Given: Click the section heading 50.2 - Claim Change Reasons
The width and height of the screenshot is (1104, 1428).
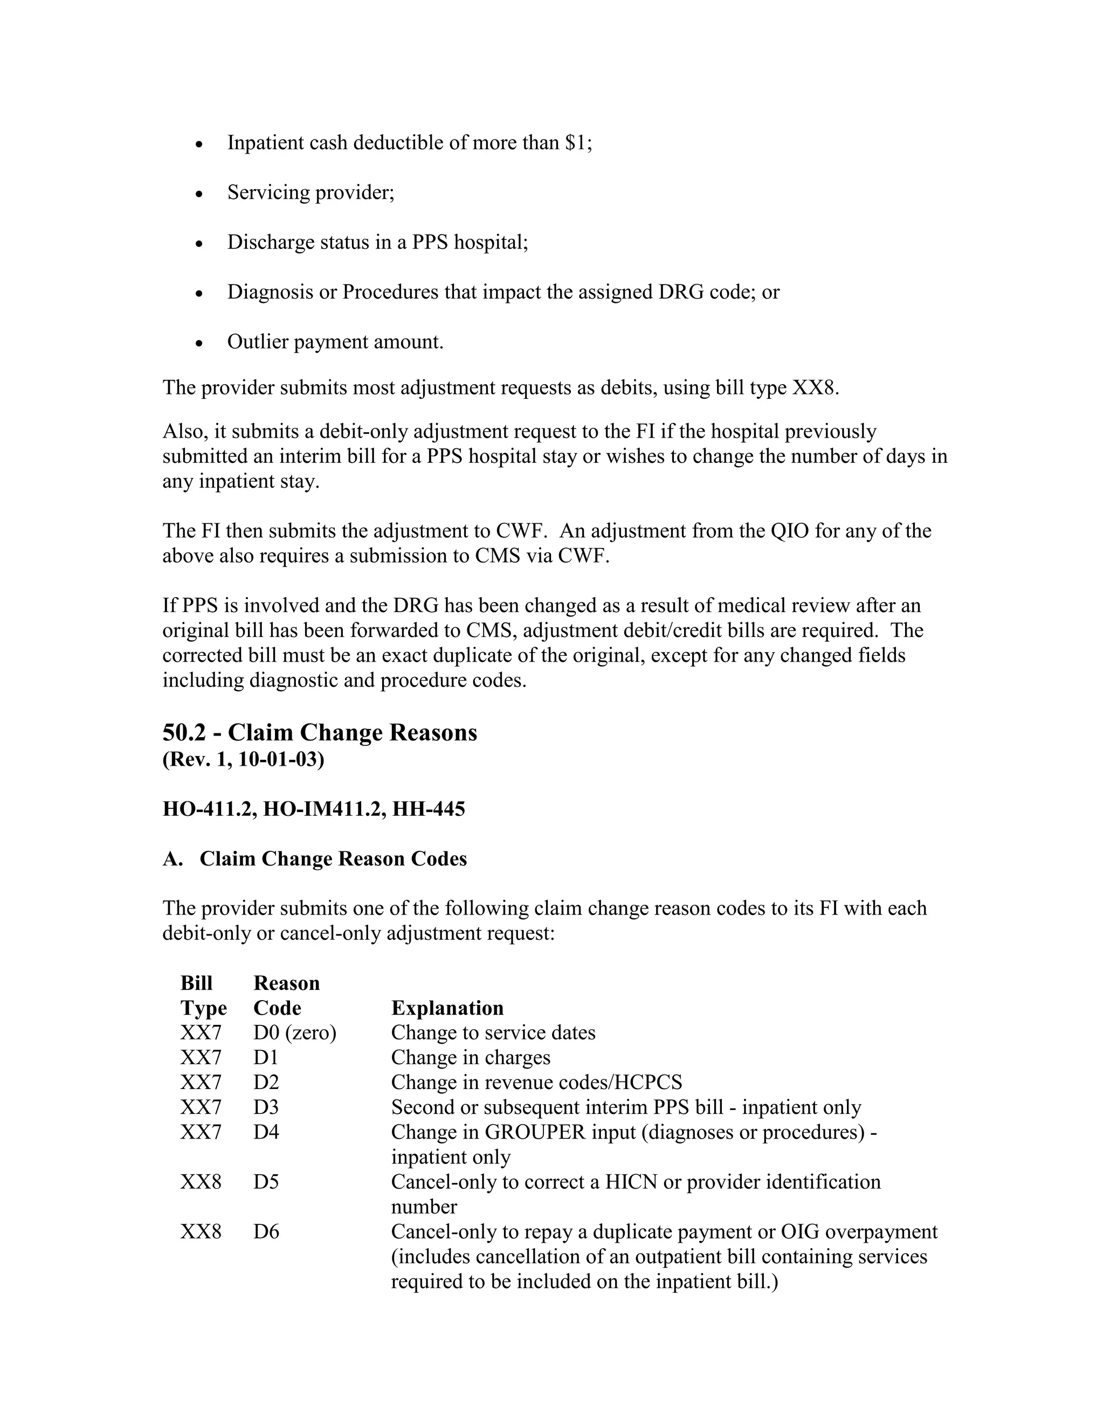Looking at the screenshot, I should coord(320,732).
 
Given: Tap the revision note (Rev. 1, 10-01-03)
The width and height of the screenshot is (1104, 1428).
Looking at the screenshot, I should coord(243,760).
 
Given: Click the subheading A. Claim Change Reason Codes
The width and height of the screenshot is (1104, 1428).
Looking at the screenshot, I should coord(315,858).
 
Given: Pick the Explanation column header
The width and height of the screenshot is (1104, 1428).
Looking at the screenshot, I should coord(447,1008).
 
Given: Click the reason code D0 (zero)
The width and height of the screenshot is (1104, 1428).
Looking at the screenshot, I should coord(294,1032).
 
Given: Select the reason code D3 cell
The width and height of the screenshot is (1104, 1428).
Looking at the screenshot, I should coord(266,1107).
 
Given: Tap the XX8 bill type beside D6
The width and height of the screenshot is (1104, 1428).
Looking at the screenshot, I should coord(201,1232).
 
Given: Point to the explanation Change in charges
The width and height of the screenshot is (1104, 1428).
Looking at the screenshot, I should coord(470,1057).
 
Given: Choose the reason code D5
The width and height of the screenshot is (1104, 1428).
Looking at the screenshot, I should coord(266,1182).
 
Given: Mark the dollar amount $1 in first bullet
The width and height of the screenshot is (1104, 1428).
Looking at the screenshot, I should coord(576,143).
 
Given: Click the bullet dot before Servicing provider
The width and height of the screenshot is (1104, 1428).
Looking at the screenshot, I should coord(200,194).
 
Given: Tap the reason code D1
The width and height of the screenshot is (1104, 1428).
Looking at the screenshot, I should coord(266,1057).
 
